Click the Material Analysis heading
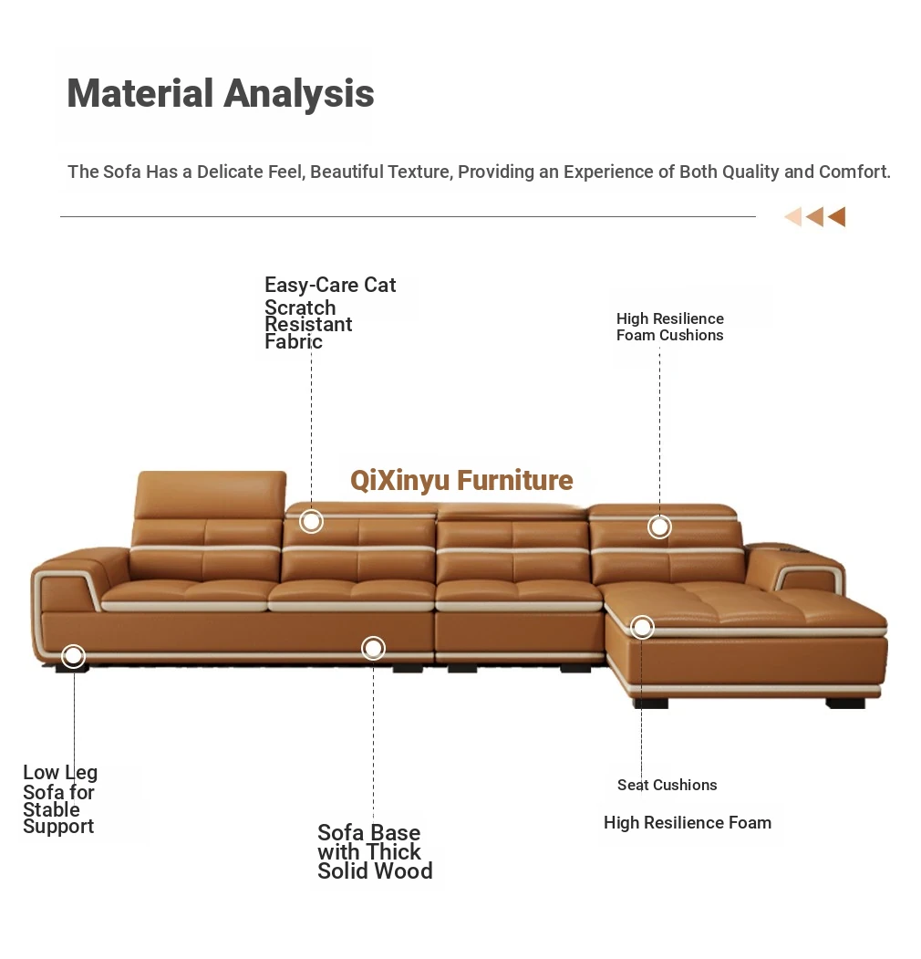click(220, 94)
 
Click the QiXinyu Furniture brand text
click(461, 481)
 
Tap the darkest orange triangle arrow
click(837, 216)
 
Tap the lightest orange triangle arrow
click(793, 216)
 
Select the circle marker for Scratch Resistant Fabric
click(311, 522)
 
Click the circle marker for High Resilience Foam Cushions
click(659, 526)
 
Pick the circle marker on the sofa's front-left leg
click(73, 656)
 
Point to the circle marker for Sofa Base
click(373, 648)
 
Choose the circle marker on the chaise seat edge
click(642, 627)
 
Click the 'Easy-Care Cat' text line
click(330, 285)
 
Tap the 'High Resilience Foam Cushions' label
click(670, 328)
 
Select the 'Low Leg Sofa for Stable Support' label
click(60, 798)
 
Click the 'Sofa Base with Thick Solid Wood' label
click(375, 851)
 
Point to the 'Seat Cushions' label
click(667, 785)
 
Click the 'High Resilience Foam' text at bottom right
click(688, 823)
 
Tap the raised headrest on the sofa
click(210, 495)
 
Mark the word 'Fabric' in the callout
click(294, 341)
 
